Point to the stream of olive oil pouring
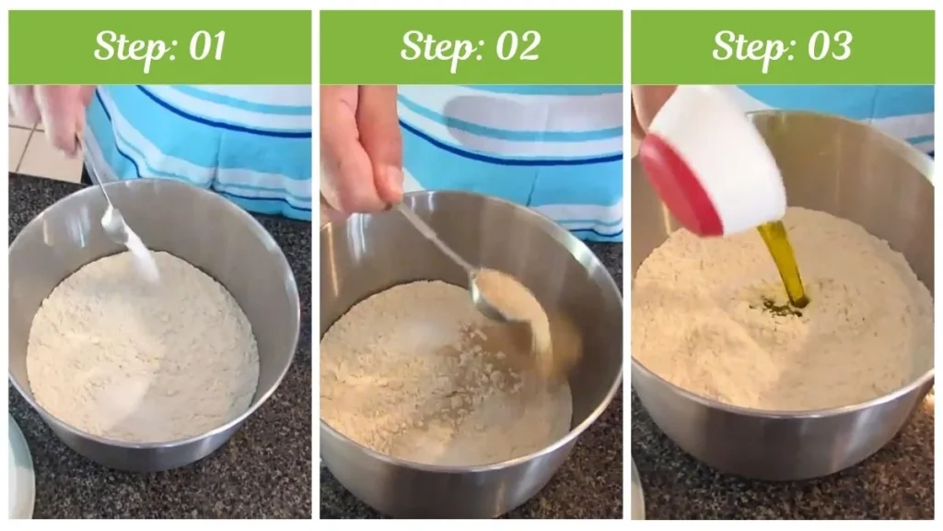(785, 263)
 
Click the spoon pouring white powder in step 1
(115, 222)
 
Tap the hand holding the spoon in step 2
(359, 147)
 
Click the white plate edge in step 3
(636, 489)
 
